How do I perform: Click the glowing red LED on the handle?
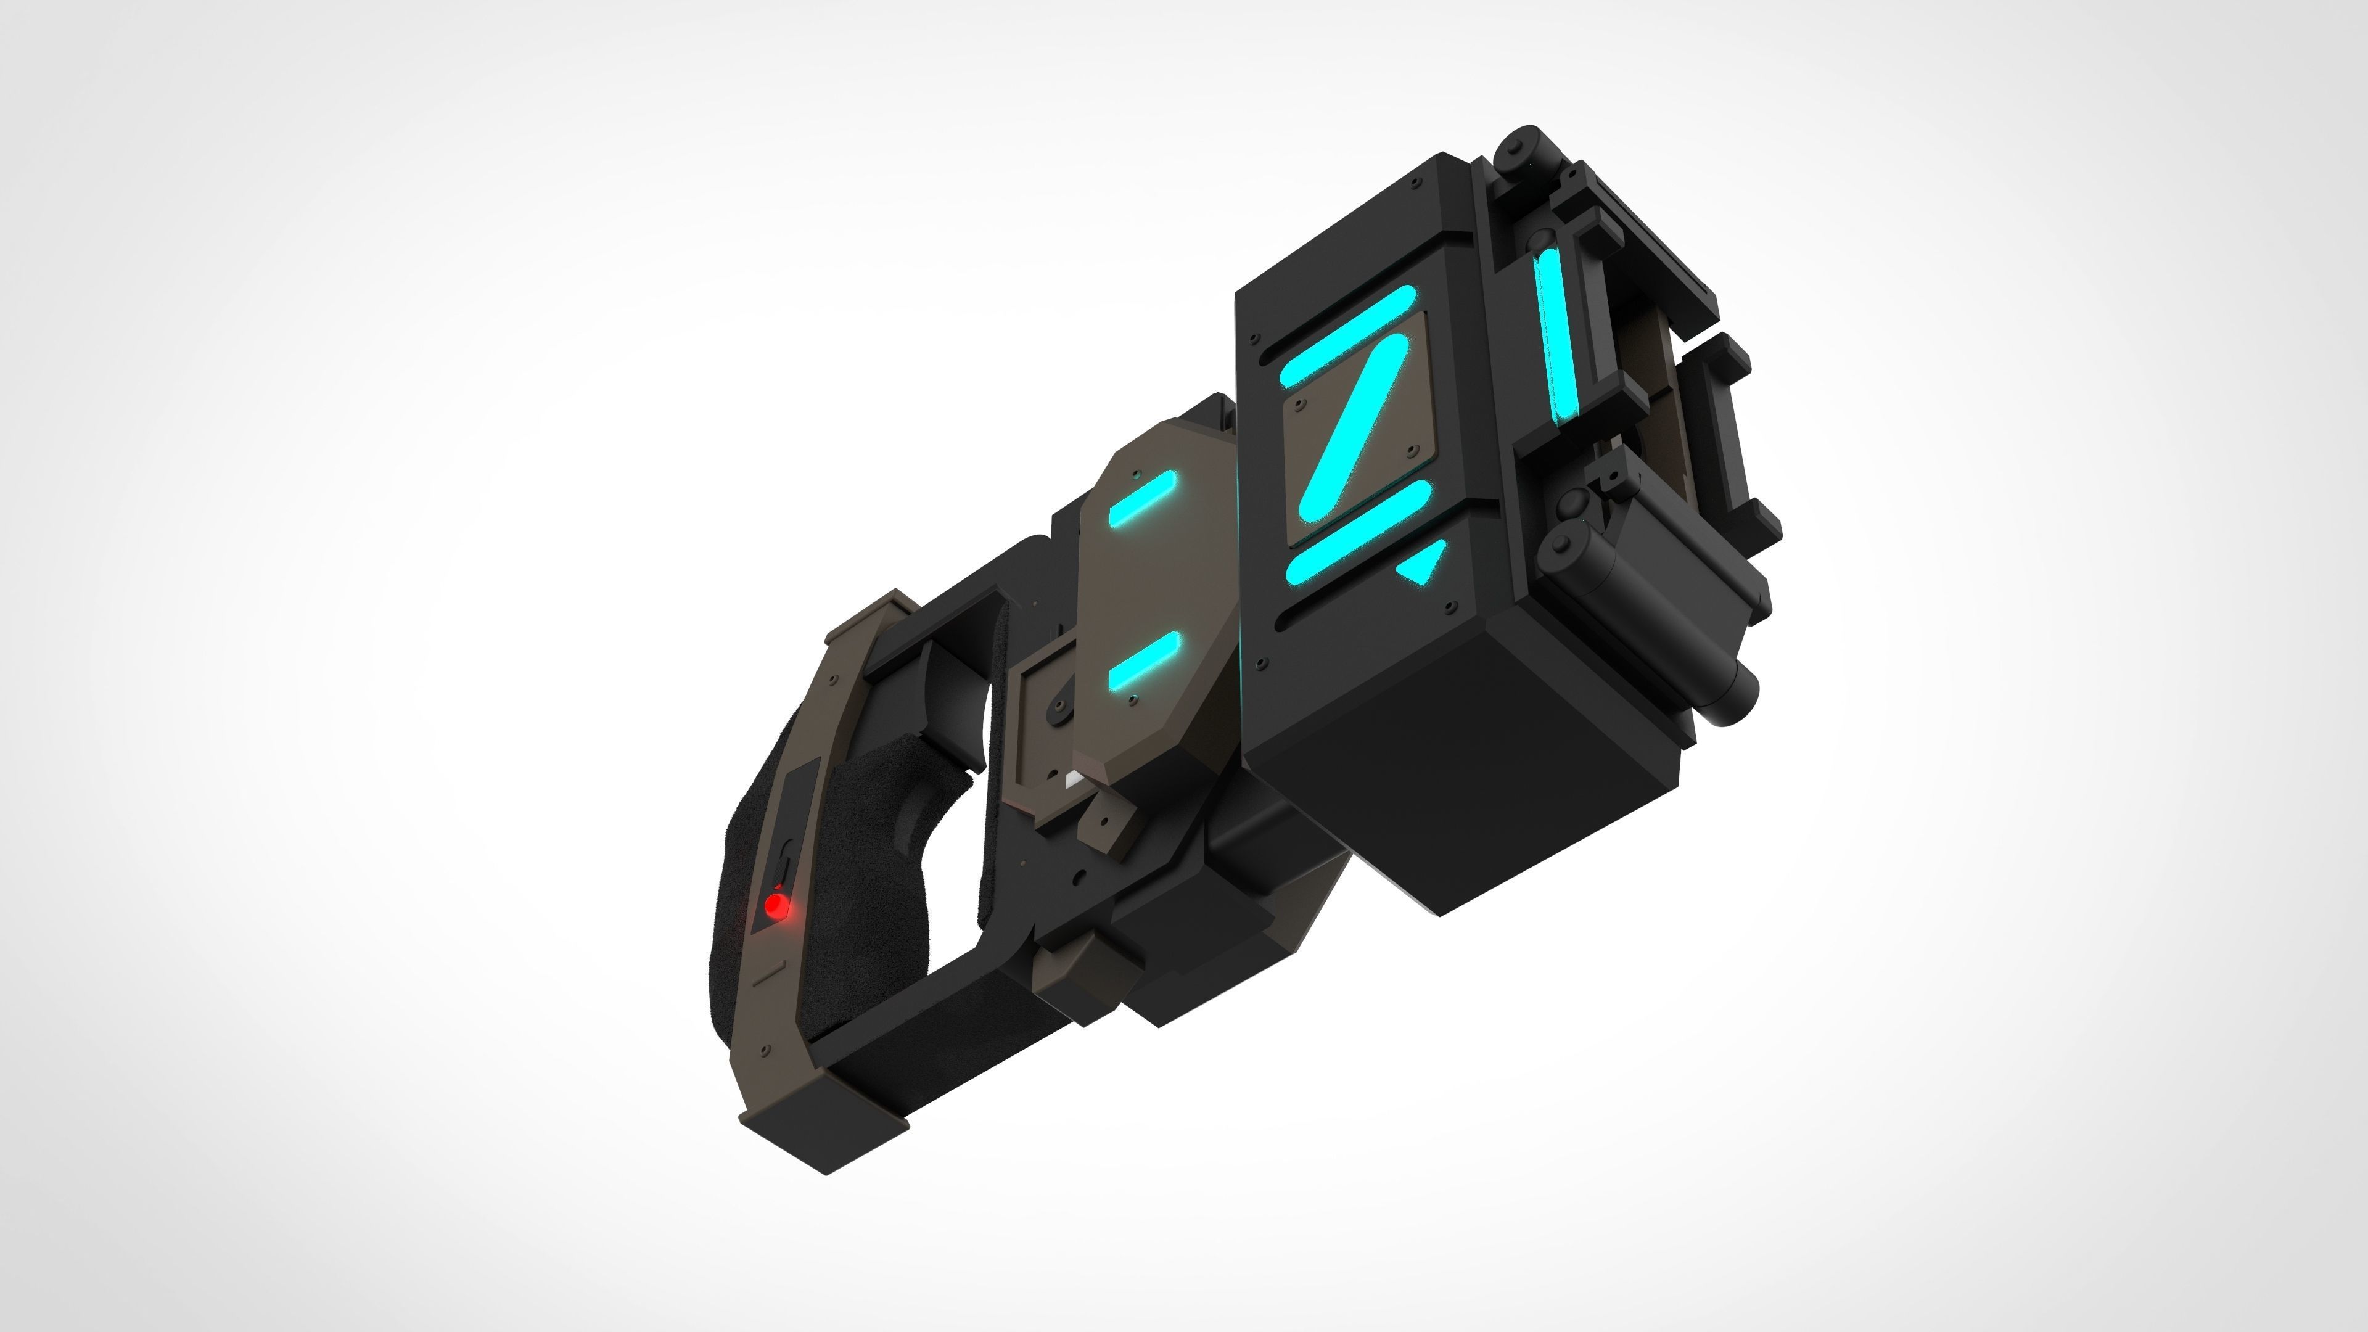778,906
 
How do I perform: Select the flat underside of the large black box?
1461,772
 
